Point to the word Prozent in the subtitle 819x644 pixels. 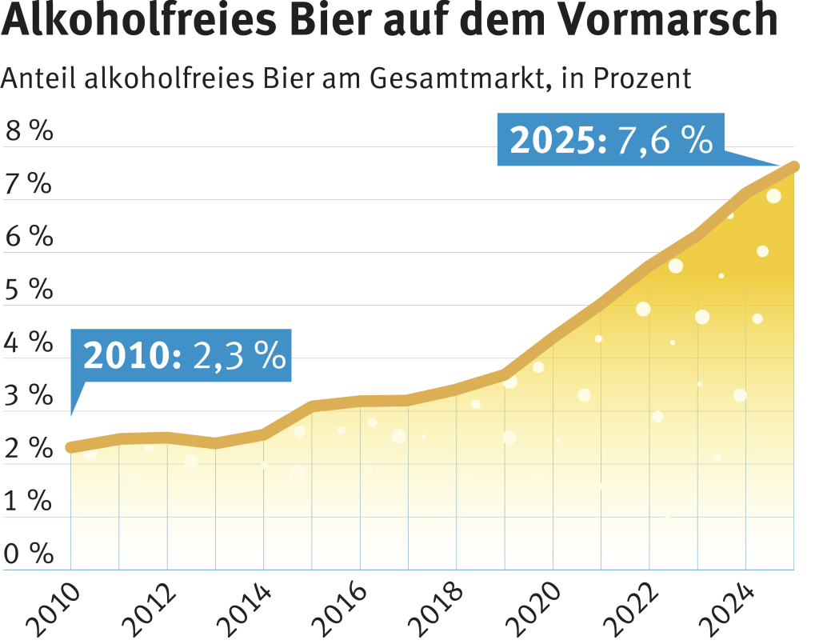(642, 78)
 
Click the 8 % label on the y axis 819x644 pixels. (30, 130)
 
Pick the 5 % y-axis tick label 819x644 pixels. (29, 289)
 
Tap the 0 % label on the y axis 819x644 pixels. (29, 553)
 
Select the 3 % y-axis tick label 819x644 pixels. (29, 395)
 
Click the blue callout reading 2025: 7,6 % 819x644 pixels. (610, 139)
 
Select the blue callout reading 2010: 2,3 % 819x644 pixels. (182, 355)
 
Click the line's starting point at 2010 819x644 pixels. (71, 448)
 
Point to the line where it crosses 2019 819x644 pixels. (505, 374)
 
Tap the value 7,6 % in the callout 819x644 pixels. (665, 140)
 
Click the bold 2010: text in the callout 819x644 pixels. (133, 356)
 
